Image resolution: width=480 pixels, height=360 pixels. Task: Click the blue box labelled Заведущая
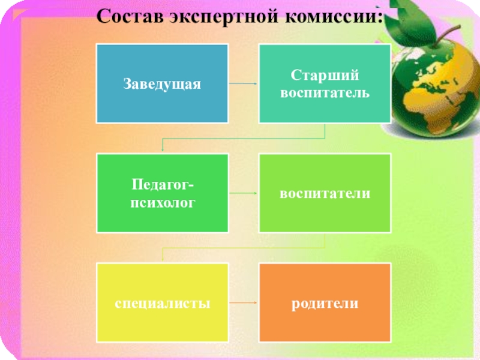point(162,83)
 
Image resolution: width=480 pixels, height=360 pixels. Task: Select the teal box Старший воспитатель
point(325,83)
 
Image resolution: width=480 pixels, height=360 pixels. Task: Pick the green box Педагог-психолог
point(162,193)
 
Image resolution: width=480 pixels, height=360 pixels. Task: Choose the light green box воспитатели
point(325,193)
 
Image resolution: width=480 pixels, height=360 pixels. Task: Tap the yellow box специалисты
point(162,302)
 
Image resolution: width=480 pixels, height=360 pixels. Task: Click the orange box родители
point(325,302)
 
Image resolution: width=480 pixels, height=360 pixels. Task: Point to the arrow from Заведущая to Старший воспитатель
point(243,83)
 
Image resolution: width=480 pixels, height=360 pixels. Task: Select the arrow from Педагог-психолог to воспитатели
point(243,193)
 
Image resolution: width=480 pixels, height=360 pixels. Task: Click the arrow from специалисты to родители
point(243,303)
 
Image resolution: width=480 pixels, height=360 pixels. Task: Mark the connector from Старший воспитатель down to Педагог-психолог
point(243,139)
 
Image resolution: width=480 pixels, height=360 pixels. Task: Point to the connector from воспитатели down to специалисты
point(243,248)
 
